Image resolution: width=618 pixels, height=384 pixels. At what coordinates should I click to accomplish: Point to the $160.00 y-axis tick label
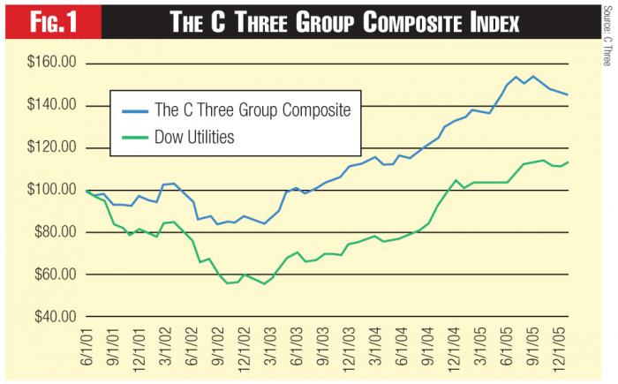click(x=51, y=64)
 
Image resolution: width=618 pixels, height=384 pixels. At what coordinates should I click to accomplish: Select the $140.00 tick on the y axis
click(x=51, y=106)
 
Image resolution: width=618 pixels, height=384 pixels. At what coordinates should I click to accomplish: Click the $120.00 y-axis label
click(x=51, y=148)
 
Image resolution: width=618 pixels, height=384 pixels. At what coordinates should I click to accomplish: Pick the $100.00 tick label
click(x=51, y=191)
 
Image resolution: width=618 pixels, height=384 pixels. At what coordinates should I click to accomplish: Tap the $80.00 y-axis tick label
click(x=55, y=233)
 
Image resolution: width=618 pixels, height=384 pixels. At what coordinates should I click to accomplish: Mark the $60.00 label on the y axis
click(x=55, y=275)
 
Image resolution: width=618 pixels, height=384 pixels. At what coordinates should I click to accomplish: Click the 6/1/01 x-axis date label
click(x=87, y=349)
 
